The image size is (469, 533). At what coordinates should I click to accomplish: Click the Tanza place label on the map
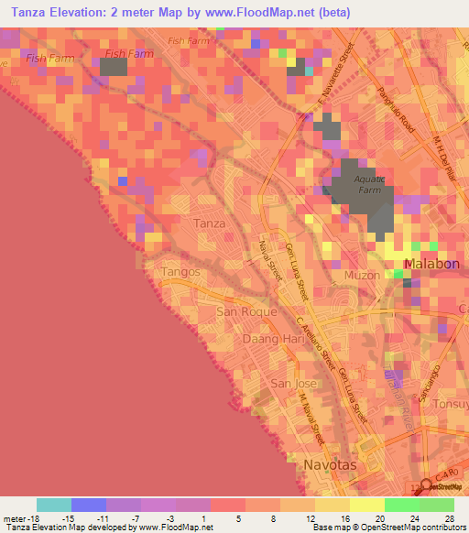(209, 223)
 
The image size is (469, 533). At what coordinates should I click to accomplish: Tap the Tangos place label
(180, 273)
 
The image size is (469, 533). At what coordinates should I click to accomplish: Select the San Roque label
(239, 311)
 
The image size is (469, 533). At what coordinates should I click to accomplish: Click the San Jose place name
(292, 383)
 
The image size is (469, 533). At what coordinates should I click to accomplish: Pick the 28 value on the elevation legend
(451, 518)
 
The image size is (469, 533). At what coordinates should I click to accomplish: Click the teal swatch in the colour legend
(53, 505)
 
